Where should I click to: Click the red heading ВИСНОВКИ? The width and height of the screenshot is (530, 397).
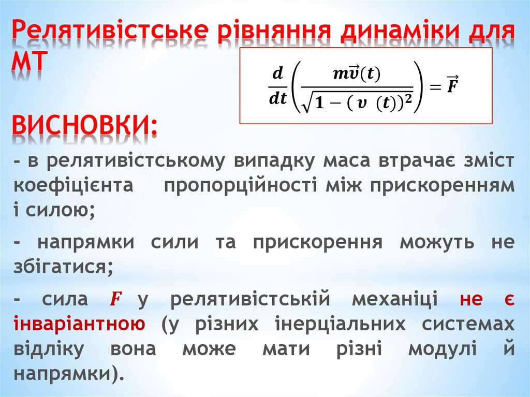tap(85, 124)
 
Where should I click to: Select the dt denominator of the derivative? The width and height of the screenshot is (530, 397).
tap(277, 98)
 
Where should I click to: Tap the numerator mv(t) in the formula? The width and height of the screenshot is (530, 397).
tap(357, 74)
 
